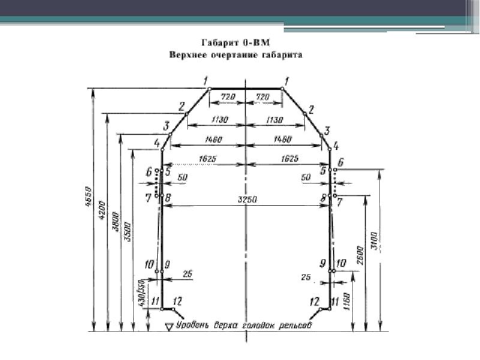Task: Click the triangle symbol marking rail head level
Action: tap(169, 326)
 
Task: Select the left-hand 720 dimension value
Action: tap(226, 96)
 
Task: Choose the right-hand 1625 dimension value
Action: tap(290, 159)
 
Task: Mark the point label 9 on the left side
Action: tap(167, 264)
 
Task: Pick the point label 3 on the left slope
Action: tap(167, 125)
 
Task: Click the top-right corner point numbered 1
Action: tap(282, 89)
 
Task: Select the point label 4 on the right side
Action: tap(335, 145)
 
